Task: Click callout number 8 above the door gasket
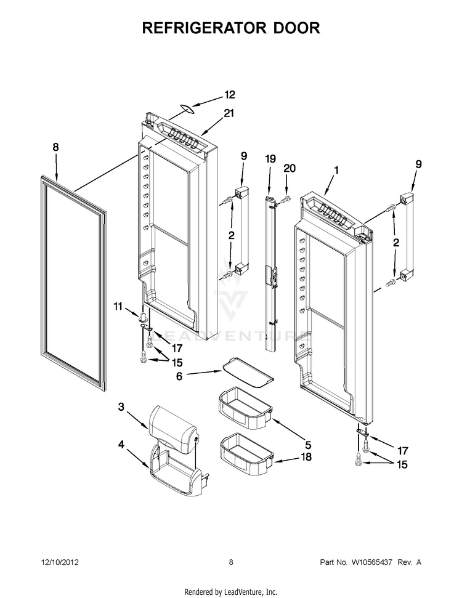[x=55, y=147]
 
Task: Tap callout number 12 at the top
[x=229, y=95]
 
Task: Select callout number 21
[x=229, y=113]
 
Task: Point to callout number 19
[x=269, y=158]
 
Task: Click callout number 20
[x=290, y=168]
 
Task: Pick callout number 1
[x=336, y=169]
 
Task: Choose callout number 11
[x=118, y=305]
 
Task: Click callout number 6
[x=179, y=374]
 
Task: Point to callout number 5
[x=307, y=443]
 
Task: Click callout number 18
[x=306, y=457]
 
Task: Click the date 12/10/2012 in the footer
[x=60, y=562]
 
